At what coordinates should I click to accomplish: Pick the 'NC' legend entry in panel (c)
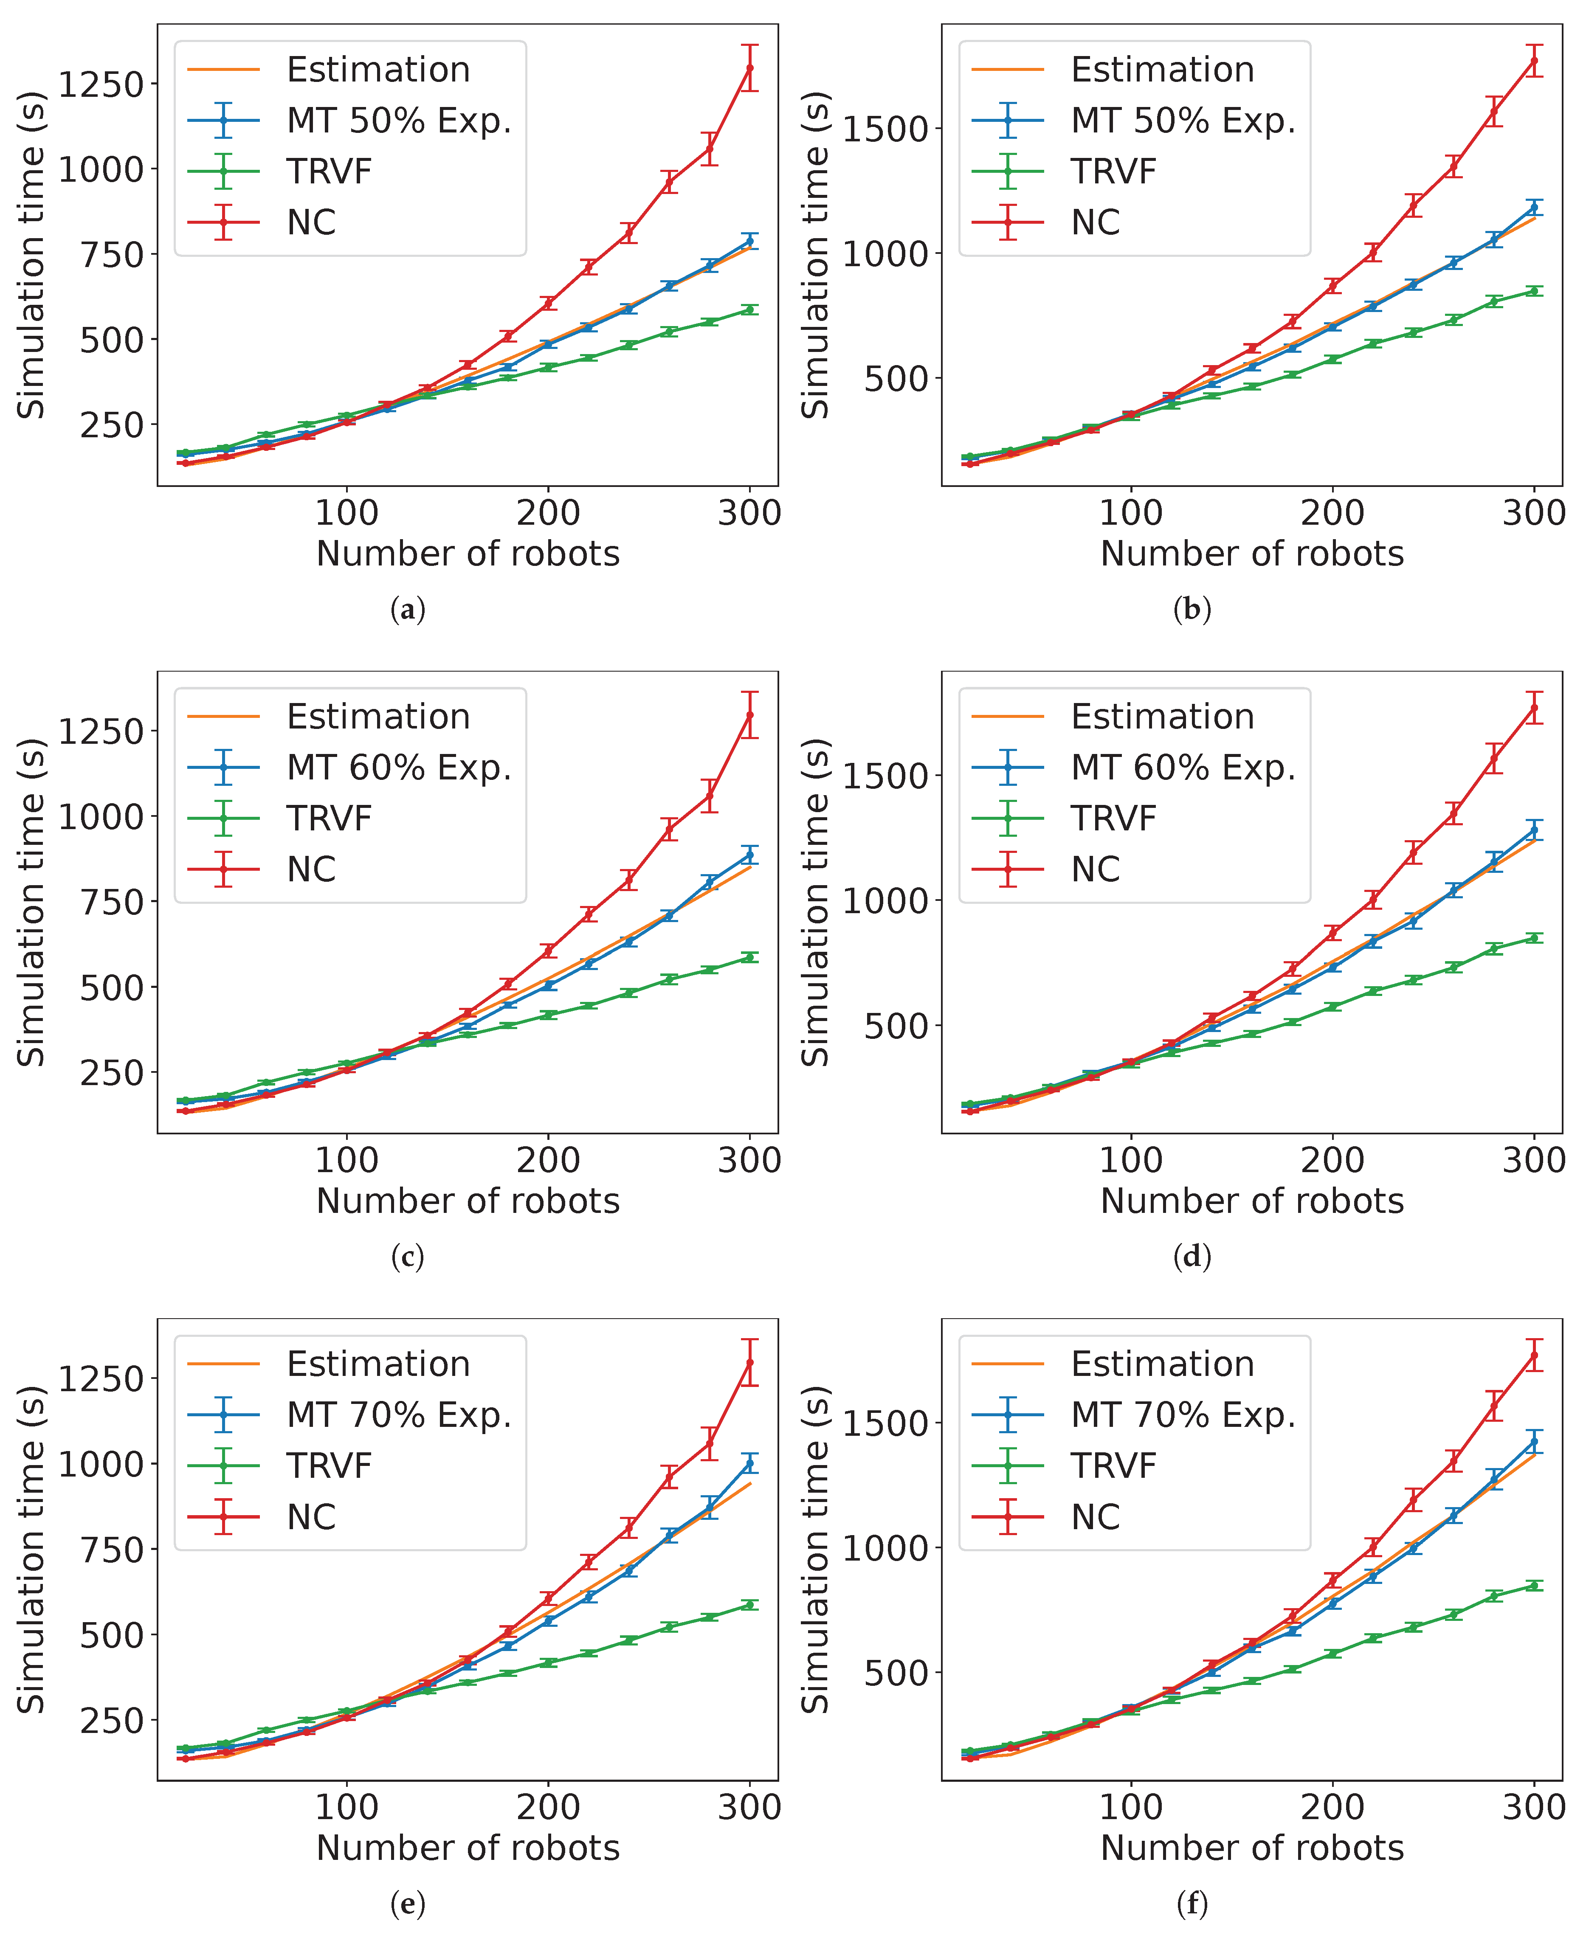click(311, 869)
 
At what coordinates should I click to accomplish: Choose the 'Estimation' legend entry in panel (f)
click(1162, 1364)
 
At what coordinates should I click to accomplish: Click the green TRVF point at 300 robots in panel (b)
click(1534, 290)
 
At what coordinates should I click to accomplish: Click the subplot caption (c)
click(408, 1257)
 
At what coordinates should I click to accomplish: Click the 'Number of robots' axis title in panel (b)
click(1252, 554)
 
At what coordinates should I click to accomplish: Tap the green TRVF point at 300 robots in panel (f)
click(1534, 1586)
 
